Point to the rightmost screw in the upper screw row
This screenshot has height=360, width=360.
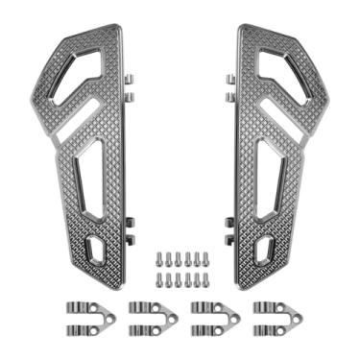point(203,258)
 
